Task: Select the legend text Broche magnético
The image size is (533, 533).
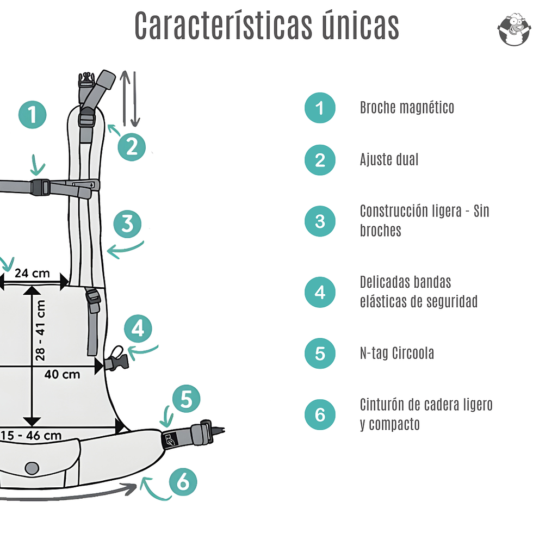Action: tap(407, 108)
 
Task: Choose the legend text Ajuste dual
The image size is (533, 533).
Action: tap(389, 160)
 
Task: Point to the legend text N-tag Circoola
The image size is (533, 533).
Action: tap(396, 354)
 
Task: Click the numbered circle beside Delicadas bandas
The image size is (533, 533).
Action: tap(320, 293)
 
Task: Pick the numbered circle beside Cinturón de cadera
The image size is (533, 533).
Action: tap(320, 415)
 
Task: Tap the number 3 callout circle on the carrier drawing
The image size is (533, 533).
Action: tap(127, 224)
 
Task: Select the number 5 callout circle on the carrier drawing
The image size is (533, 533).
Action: tap(187, 400)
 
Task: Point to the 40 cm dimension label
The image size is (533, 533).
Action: tap(62, 374)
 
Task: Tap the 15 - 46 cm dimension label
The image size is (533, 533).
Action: tap(31, 435)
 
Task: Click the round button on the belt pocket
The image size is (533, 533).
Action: tap(32, 468)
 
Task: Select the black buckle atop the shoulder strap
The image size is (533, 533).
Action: tap(86, 80)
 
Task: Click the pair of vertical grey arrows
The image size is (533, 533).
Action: tap(129, 98)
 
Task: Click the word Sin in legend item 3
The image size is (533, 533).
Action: tap(481, 211)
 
